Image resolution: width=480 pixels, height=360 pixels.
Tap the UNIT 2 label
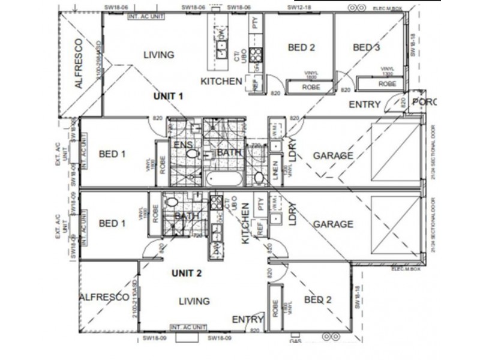[187, 272]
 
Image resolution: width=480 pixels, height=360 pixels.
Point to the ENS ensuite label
[182, 145]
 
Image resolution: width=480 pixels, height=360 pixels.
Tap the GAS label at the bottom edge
[295, 340]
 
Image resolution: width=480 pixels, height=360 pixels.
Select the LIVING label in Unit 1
[159, 55]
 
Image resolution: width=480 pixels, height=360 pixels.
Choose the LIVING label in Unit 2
[194, 301]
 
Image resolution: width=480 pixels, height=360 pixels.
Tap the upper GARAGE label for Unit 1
[333, 155]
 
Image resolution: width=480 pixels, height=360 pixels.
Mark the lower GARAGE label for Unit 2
[333, 224]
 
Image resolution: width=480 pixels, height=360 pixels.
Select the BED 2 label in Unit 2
[318, 299]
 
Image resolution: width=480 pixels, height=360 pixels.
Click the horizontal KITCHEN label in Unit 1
[221, 82]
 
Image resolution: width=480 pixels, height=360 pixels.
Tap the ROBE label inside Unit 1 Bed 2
[311, 87]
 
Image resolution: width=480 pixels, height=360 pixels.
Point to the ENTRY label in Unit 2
[248, 319]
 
